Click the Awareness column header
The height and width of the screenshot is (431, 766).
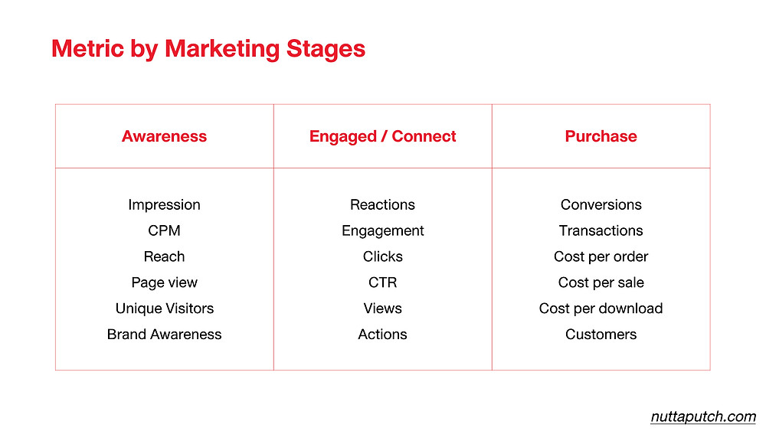pos(164,136)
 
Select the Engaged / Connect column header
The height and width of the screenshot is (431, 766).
pos(382,137)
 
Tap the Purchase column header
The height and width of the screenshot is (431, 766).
pos(601,136)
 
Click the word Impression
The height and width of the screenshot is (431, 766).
pos(164,205)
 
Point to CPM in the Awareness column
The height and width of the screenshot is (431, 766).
pos(164,230)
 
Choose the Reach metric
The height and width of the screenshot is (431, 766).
pos(164,256)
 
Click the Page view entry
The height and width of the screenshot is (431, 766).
pos(164,282)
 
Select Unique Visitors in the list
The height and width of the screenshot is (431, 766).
pos(165,309)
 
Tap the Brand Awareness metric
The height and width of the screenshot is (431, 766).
pos(164,335)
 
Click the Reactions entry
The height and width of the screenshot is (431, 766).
pos(382,204)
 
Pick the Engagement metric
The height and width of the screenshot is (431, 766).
pos(382,231)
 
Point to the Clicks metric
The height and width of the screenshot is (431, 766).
pos(382,256)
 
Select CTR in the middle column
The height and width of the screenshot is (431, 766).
pos(382,282)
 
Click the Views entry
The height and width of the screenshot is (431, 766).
pos(382,309)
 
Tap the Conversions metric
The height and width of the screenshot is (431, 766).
pos(601,204)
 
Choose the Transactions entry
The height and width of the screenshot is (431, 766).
pos(601,230)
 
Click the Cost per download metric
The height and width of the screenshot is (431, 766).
pos(601,309)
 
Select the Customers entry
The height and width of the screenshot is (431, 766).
pos(601,335)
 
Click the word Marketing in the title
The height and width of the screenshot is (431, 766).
pos(222,49)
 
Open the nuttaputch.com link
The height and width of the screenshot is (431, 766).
pos(703,417)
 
